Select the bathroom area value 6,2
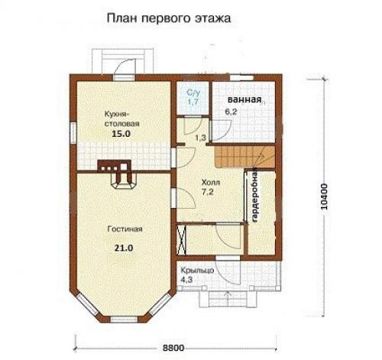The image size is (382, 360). [x=231, y=112]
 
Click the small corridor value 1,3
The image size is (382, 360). [x=200, y=138]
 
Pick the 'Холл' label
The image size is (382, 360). [x=211, y=183]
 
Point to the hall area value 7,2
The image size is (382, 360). [x=209, y=196]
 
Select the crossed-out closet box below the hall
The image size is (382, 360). [x=183, y=240]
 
